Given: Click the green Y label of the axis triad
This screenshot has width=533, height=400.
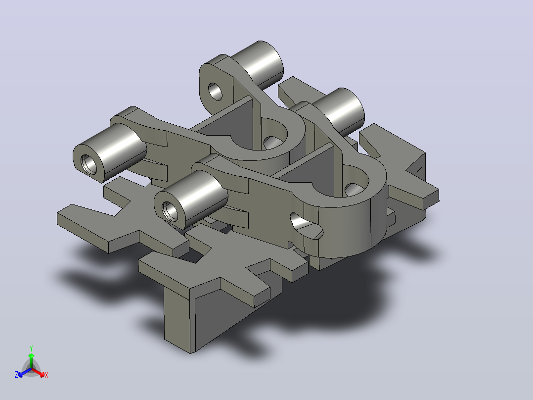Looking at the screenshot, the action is tap(31, 348).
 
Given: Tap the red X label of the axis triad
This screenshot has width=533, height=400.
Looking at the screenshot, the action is tap(46, 375).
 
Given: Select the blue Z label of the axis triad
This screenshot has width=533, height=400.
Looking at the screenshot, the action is tap(16, 375).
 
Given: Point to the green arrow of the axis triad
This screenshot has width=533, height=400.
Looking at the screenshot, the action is tap(31, 360).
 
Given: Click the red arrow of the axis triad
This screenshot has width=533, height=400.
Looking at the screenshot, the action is tap(38, 372).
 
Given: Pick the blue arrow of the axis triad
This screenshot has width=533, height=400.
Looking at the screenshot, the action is tap(25, 372).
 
